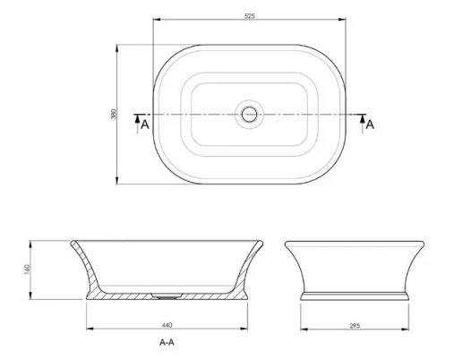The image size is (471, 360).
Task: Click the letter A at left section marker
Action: (143, 124)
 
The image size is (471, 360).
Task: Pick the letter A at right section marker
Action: (369, 124)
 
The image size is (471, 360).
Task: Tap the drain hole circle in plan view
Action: (248, 114)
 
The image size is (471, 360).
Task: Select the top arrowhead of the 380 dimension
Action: (119, 46)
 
